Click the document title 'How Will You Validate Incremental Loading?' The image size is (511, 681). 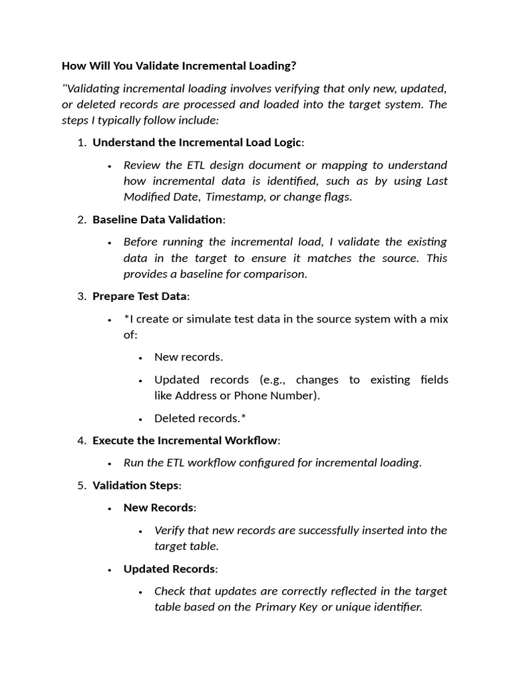178,66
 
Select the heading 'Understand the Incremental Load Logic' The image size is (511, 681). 197,142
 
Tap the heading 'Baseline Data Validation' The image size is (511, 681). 158,219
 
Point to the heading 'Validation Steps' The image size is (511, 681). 135,485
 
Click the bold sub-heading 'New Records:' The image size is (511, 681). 160,508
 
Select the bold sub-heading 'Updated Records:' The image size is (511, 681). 170,569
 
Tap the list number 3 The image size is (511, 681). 81,296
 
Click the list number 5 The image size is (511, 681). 81,485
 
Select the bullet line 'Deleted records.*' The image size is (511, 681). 196,418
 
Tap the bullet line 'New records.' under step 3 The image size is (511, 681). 188,357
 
